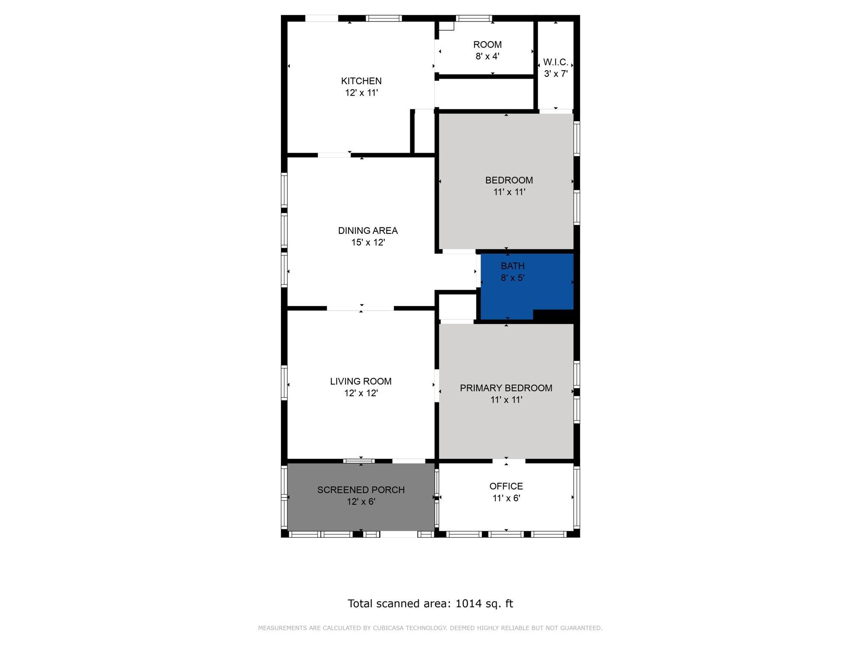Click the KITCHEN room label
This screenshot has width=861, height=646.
click(x=361, y=81)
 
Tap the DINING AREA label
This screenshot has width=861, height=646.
click(x=368, y=230)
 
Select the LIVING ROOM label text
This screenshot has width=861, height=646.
click(x=361, y=381)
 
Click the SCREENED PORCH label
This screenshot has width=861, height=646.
click(x=361, y=490)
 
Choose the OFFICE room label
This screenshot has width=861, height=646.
click(x=506, y=486)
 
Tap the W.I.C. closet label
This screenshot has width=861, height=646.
click(x=556, y=62)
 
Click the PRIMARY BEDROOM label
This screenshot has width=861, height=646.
click(x=506, y=388)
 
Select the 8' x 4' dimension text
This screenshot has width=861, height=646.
click(x=487, y=56)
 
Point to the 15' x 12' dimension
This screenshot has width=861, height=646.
click(x=368, y=242)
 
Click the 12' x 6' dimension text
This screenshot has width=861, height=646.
click(x=361, y=502)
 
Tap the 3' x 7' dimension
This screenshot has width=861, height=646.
click(x=556, y=74)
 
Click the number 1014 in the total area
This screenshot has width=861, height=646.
click(x=468, y=604)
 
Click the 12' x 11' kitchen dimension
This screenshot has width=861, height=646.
click(x=361, y=93)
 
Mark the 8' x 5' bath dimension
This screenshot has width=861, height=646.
click(x=512, y=278)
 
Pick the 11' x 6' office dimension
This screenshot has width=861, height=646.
click(x=506, y=498)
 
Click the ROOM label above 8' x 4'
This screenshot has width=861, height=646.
click(x=487, y=45)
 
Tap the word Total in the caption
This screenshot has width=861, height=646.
click(x=360, y=604)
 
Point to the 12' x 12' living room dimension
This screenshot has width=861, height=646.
click(x=361, y=393)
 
